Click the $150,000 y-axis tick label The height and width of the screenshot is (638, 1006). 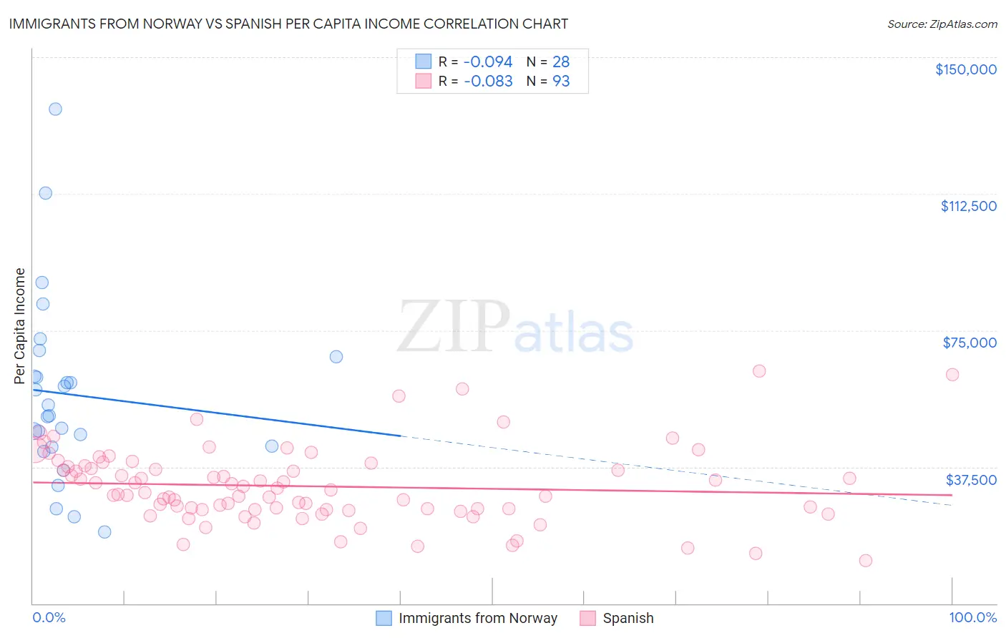[x=965, y=69]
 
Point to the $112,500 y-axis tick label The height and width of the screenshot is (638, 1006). [x=968, y=206]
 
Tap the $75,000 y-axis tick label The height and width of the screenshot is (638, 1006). [x=970, y=343]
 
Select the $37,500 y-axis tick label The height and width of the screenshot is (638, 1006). [x=971, y=480]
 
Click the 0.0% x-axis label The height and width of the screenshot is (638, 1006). [x=49, y=617]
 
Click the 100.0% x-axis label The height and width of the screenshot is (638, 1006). [x=972, y=617]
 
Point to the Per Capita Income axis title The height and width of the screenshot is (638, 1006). [x=19, y=325]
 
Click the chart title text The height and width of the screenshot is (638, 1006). [x=288, y=24]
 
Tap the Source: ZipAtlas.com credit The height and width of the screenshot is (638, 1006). [x=942, y=24]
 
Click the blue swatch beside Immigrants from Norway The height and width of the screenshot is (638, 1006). [x=384, y=618]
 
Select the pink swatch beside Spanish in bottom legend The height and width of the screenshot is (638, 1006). [x=588, y=618]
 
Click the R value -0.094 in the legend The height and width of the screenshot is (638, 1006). [x=488, y=62]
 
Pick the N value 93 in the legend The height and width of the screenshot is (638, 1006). [x=561, y=82]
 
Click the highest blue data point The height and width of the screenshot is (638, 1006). [x=55, y=109]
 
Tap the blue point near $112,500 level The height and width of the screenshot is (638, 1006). [x=45, y=193]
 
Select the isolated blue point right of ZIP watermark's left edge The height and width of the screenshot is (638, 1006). [x=336, y=357]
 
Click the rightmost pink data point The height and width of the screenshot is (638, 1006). [x=952, y=375]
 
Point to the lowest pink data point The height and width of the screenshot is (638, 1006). [x=866, y=561]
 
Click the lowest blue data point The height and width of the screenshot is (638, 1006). [x=104, y=532]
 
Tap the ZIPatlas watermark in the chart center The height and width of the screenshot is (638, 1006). [x=515, y=328]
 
